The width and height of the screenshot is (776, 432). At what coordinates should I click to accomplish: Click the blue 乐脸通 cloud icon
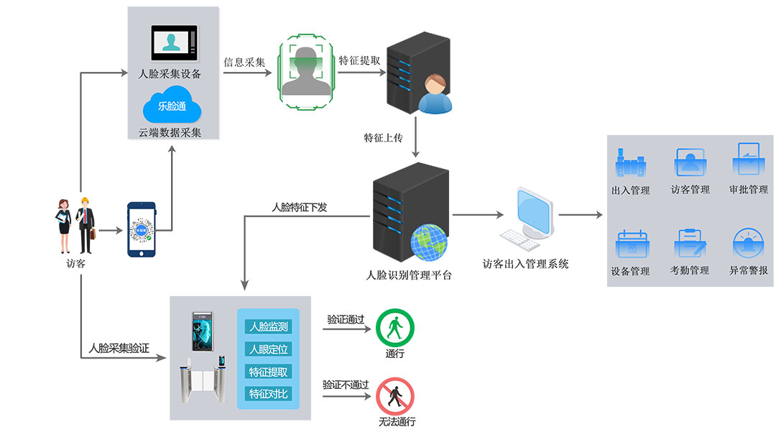[x=172, y=106]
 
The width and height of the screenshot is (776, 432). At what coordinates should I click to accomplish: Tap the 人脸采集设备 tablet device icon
[x=173, y=43]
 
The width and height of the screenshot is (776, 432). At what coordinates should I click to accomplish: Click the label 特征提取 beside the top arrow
[x=359, y=61]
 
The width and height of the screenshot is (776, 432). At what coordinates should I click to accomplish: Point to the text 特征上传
[x=383, y=137]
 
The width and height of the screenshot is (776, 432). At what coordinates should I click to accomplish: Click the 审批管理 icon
[x=748, y=160]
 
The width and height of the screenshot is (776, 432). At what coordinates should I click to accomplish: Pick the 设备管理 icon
[x=630, y=244]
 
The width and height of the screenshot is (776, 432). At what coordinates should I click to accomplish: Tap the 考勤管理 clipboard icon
[x=690, y=244]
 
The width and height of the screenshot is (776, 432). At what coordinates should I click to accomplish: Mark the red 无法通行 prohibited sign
[x=395, y=396]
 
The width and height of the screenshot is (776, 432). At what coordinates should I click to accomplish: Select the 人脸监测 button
[x=268, y=326]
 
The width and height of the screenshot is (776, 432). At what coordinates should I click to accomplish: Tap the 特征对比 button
[x=268, y=393]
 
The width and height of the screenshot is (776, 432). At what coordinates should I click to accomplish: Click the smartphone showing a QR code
[x=142, y=229]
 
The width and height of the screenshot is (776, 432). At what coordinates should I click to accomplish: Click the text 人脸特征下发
[x=299, y=207]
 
